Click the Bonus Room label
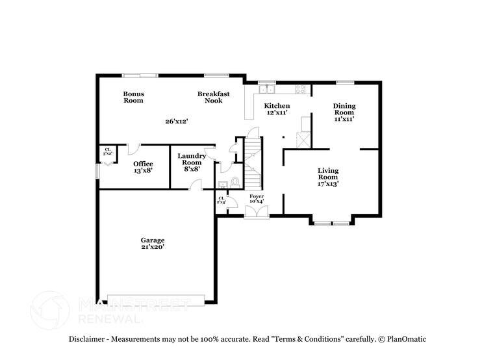(133, 97)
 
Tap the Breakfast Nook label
(213, 97)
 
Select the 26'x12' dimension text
(176, 121)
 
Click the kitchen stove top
(301, 90)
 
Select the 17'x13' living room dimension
(327, 184)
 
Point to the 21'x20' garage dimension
(153, 247)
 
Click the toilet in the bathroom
(235, 181)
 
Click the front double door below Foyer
(256, 215)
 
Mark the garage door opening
(155, 300)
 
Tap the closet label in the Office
(108, 151)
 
